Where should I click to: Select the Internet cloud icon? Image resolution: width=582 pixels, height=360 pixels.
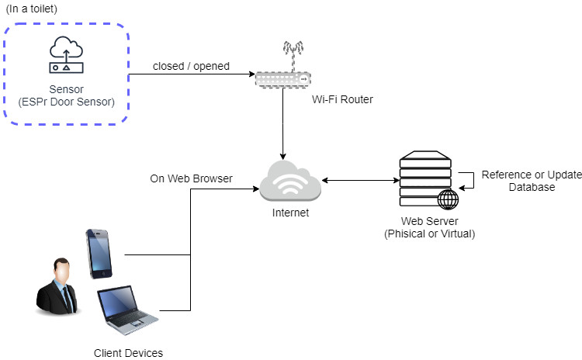point(290,181)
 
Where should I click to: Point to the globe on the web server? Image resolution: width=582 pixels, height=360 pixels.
point(448,199)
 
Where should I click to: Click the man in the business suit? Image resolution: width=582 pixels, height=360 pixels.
point(57,287)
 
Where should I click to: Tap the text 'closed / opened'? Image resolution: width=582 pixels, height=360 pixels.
point(190,66)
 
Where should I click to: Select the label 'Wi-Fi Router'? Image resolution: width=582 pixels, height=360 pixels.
point(342,99)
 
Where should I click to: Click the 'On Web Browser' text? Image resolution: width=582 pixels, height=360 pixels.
point(191,179)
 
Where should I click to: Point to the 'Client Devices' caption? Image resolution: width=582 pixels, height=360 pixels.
point(128,353)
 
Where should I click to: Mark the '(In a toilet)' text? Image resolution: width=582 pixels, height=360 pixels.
point(31,9)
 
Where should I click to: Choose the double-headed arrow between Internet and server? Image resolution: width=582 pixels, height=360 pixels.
point(359,181)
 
